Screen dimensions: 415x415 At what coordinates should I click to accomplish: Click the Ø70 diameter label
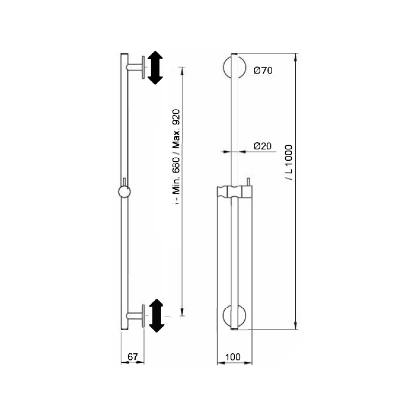(x=263, y=71)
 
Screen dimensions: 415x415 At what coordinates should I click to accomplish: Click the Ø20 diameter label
(x=262, y=146)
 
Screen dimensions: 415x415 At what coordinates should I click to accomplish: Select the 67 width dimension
(x=133, y=357)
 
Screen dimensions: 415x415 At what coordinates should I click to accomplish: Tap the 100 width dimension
(x=233, y=357)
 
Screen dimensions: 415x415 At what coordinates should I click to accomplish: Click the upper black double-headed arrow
(x=155, y=68)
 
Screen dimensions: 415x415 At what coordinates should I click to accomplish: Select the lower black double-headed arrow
(x=157, y=315)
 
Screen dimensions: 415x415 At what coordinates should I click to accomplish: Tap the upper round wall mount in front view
(x=234, y=67)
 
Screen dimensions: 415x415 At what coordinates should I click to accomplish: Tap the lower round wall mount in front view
(x=234, y=316)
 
